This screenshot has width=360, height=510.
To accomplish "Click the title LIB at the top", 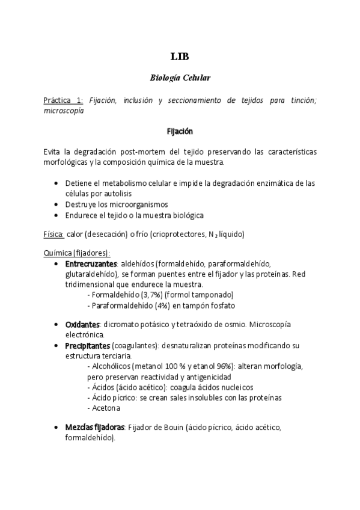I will point(180,57).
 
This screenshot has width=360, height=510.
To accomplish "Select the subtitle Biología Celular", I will point(180,78).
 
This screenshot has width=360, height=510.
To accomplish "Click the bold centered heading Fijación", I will point(180,131).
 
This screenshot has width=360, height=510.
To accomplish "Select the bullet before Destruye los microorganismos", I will point(56,204).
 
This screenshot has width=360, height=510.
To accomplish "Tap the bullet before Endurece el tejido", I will point(56,215).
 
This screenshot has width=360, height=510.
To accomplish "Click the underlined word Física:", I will point(54,233).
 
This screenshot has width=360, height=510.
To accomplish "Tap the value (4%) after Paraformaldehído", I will point(162,305).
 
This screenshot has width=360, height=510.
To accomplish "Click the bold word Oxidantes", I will point(82,324).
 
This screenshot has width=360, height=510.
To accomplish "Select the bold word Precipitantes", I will point(87,346).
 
